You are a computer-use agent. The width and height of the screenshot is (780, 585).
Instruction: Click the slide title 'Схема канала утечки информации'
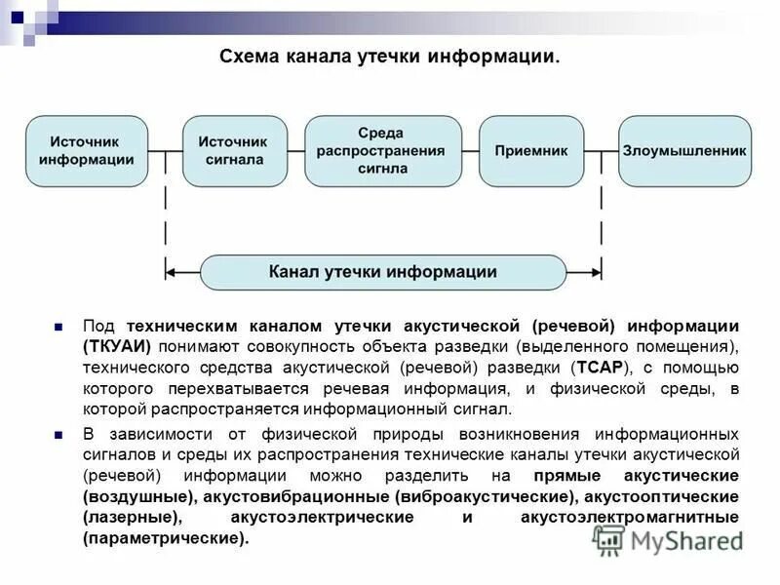tap(389, 59)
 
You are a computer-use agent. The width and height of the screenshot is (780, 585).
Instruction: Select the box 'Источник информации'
tap(86, 151)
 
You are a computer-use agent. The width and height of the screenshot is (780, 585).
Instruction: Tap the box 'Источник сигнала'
tap(235, 151)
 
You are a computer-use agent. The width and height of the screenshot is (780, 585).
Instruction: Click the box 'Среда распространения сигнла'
tap(382, 151)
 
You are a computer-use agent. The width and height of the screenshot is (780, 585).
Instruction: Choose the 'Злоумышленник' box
tap(684, 151)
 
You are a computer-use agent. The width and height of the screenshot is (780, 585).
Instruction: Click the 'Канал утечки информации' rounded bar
tap(382, 272)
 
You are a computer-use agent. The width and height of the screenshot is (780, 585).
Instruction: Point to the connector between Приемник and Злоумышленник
tap(601, 151)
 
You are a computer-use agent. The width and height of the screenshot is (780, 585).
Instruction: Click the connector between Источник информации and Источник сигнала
tap(165, 151)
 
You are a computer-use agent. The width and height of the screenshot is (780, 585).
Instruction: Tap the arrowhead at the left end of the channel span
tap(171, 272)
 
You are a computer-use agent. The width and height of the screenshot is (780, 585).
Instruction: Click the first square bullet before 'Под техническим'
tap(58, 326)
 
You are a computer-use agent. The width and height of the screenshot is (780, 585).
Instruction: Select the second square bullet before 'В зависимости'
tap(58, 434)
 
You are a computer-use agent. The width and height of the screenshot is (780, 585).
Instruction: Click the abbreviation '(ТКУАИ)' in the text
tap(116, 347)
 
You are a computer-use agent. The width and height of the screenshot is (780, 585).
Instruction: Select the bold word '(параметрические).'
tap(166, 538)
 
